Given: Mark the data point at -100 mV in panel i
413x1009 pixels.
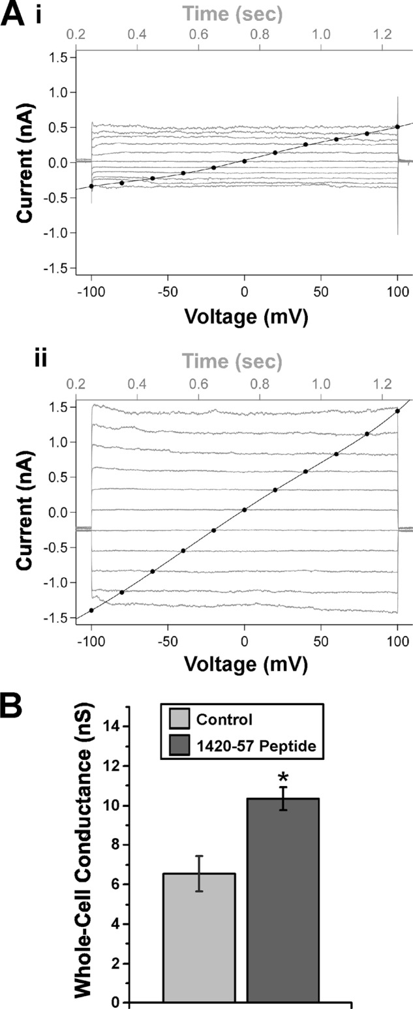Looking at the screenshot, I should pos(91,186).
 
